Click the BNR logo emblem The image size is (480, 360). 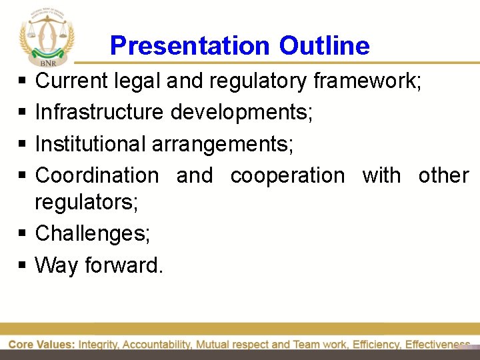47,35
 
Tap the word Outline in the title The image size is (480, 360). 324,46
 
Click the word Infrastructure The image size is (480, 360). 99,112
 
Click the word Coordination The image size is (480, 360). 97,175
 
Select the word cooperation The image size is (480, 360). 287,175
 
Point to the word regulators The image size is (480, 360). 86,202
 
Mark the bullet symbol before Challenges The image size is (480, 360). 22,234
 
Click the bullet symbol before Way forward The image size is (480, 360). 22,266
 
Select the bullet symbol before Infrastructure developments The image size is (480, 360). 22,113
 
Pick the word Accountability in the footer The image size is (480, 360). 157,345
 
